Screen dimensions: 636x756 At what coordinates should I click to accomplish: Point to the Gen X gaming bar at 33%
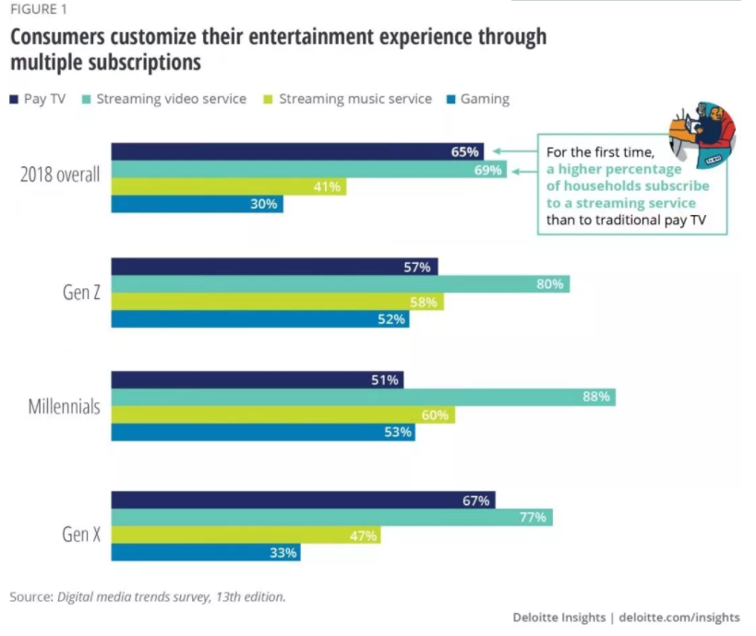point(206,553)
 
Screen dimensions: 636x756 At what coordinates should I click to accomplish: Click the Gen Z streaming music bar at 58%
point(277,302)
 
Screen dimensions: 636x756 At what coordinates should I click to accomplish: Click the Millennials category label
point(64,406)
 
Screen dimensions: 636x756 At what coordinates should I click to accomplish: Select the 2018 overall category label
point(60,175)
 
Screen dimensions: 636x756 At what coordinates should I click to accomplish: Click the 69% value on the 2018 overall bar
point(487,170)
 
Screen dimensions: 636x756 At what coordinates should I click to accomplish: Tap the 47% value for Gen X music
point(362,535)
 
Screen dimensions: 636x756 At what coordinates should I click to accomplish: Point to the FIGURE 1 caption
point(38,10)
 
